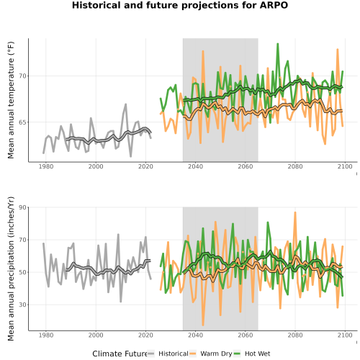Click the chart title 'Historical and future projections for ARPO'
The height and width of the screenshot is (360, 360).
(x=180, y=5)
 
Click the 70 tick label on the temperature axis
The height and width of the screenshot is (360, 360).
(x=22, y=76)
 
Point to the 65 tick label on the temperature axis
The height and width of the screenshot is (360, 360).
(x=22, y=122)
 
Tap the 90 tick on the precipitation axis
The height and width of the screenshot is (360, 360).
(x=22, y=207)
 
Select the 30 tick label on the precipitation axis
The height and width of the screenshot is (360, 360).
(x=22, y=305)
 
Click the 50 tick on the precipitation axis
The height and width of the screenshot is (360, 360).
(x=22, y=272)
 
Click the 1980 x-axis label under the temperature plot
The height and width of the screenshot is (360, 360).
(x=46, y=166)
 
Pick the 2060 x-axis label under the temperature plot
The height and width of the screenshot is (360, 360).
(x=246, y=166)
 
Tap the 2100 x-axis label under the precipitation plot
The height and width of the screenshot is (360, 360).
(x=345, y=335)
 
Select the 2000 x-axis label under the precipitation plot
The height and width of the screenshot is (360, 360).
(x=96, y=335)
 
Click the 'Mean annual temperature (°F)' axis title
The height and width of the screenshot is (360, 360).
(x=11, y=100)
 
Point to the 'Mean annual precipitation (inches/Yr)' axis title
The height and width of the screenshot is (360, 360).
(x=11, y=269)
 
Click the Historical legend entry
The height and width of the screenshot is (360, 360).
(x=168, y=354)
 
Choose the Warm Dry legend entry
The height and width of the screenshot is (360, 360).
(x=211, y=354)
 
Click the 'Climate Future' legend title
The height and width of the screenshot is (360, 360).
(x=120, y=354)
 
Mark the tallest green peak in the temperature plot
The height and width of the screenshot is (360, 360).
(x=278, y=44)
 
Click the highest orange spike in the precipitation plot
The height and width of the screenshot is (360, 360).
(x=295, y=212)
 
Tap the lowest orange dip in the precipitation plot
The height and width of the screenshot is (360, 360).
(x=203, y=325)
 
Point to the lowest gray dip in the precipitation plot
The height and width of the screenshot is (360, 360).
(x=121, y=302)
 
